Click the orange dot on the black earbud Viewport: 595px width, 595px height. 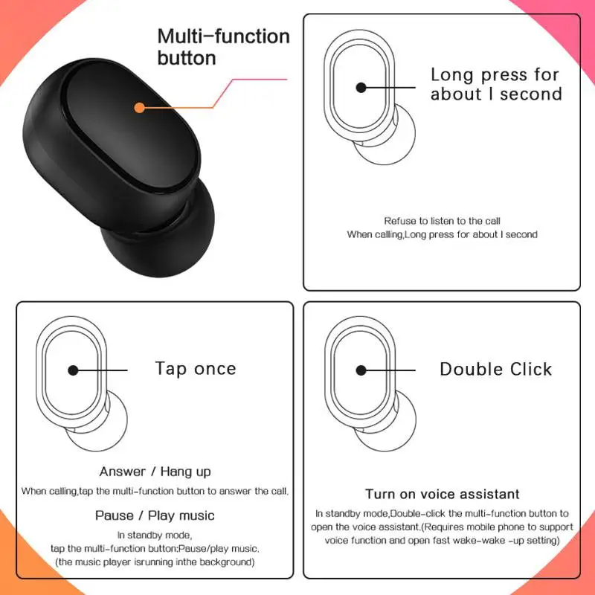(139, 108)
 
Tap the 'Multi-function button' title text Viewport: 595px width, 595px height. (223, 47)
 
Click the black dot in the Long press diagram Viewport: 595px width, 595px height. (361, 87)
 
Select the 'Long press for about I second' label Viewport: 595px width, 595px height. (496, 84)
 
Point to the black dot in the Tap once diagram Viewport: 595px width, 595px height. (73, 370)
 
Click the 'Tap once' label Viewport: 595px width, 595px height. (196, 369)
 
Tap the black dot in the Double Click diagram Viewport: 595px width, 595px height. (361, 370)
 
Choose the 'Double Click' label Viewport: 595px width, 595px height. (496, 370)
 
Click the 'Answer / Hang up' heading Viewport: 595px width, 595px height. (155, 472)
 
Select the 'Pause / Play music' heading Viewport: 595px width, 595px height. (155, 515)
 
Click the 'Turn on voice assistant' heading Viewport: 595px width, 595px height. (442, 494)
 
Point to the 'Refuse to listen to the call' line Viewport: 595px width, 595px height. (442, 221)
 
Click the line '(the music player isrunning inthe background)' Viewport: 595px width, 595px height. (155, 562)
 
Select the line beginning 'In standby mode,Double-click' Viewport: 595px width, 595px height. (442, 513)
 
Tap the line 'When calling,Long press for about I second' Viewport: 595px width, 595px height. (442, 234)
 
